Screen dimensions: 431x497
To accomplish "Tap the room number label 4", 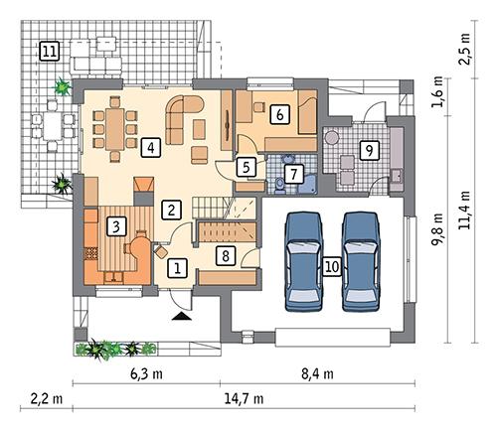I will (x=150, y=148).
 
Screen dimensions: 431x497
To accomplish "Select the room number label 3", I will (x=116, y=226).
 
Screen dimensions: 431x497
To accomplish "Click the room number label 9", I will (x=368, y=151).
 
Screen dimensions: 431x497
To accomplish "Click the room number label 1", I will (x=177, y=266).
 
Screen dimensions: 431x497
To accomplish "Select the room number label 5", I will (x=245, y=168).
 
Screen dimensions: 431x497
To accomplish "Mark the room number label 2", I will (x=172, y=209).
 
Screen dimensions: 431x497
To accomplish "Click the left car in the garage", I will (x=303, y=261).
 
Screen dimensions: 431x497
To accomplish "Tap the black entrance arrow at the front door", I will (x=180, y=317).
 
